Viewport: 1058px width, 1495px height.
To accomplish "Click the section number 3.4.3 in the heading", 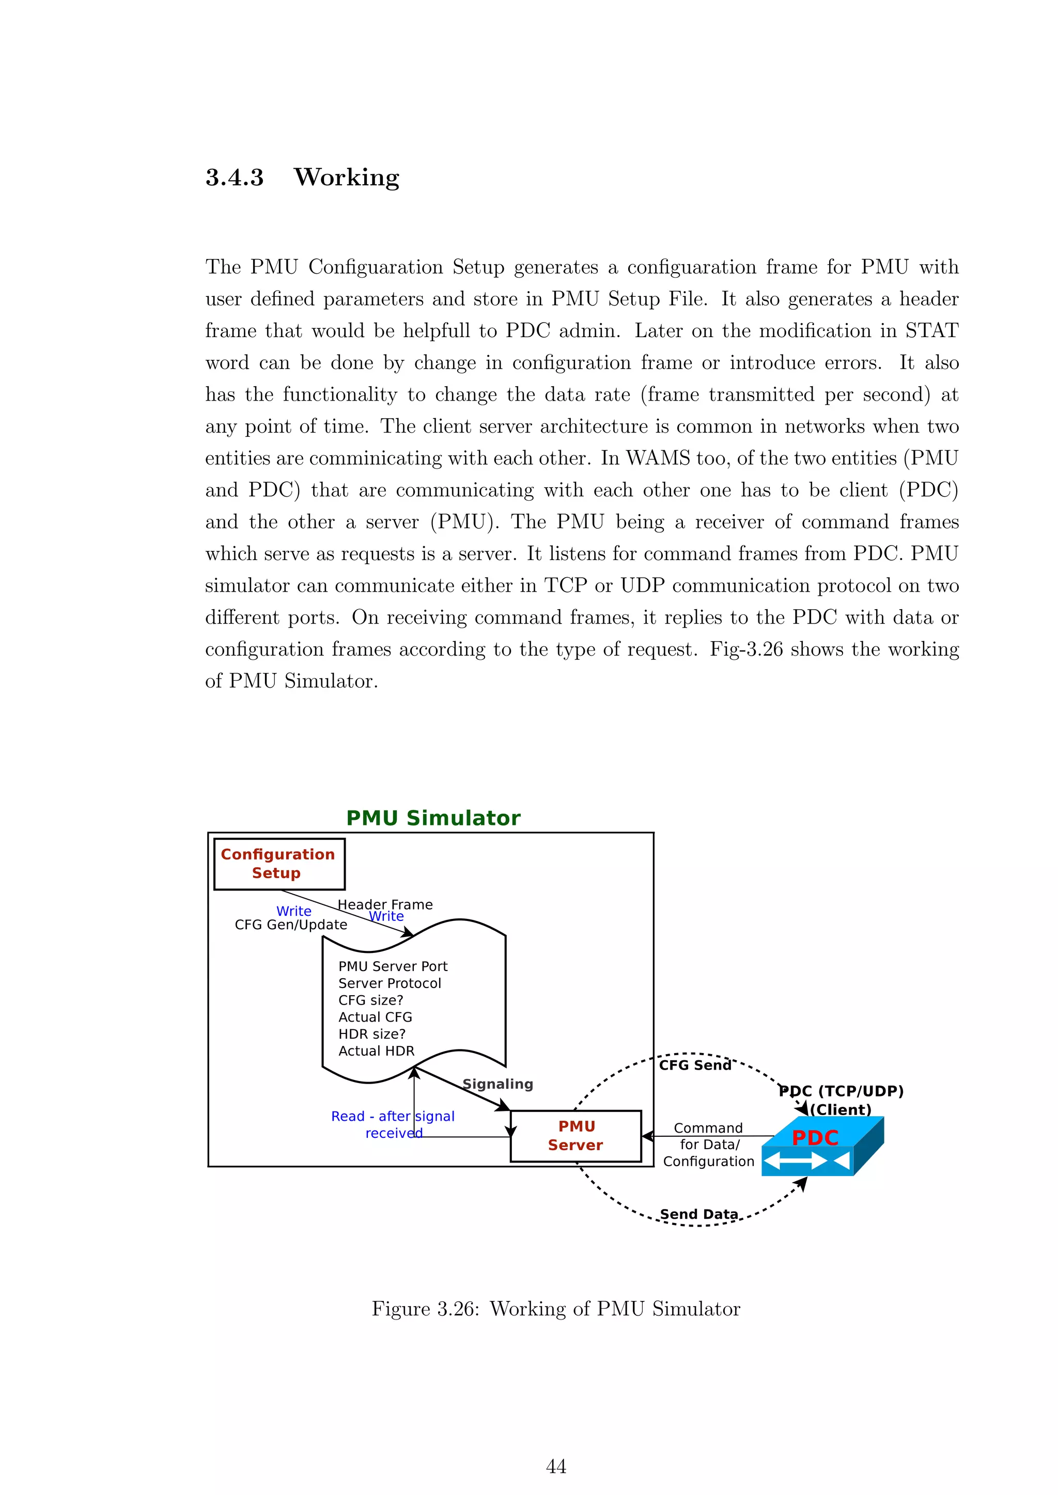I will (x=235, y=177).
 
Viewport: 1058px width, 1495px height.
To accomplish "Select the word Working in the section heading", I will (x=346, y=177).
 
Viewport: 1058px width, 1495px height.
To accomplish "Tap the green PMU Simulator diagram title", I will (x=433, y=818).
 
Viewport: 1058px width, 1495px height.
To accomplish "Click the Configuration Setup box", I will (x=279, y=864).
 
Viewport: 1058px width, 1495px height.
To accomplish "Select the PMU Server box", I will (x=576, y=1136).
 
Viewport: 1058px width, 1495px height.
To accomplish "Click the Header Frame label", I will (x=385, y=904).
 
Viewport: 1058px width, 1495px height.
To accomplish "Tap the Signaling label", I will (x=497, y=1084).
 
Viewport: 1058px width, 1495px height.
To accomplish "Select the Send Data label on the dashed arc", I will (x=699, y=1214).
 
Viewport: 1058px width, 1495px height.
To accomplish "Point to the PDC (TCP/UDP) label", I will (x=841, y=1091).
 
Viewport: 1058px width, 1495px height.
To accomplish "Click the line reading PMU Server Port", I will (x=393, y=966).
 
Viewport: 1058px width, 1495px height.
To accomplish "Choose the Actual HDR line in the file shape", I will (x=377, y=1051).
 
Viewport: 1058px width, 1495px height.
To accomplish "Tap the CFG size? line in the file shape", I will (x=371, y=1000).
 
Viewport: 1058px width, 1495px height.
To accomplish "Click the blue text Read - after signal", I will (x=392, y=1116).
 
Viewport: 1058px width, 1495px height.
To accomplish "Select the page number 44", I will (x=556, y=1467).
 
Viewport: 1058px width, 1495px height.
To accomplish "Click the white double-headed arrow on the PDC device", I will (x=795, y=1160).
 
